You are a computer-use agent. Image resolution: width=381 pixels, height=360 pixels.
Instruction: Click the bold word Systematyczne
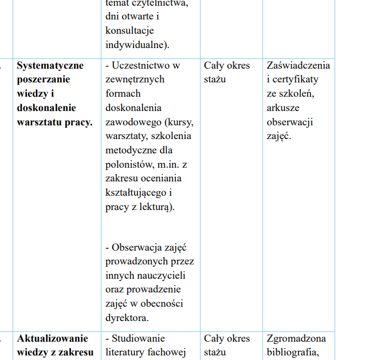tap(50, 65)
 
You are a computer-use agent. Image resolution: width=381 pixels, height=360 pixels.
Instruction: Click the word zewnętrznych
tap(135, 80)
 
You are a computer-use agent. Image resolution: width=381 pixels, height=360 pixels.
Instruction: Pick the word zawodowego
tap(135, 122)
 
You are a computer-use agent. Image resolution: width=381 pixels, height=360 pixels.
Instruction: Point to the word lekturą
tap(154, 207)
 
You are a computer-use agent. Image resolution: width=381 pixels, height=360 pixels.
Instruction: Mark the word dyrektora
tap(127, 318)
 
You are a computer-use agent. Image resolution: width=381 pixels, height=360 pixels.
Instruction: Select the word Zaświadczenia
tap(298, 65)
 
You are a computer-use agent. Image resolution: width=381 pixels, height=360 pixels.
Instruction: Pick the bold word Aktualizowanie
tap(53, 338)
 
